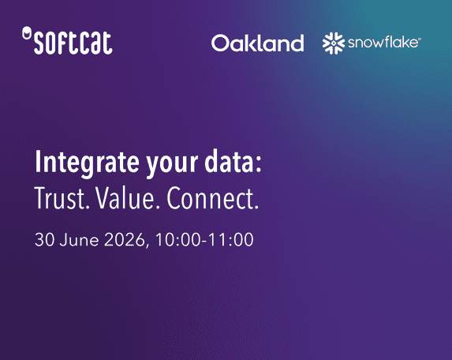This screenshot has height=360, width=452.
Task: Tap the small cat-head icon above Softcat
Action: pyautogui.click(x=27, y=32)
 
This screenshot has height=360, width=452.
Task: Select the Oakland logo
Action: pyautogui.click(x=258, y=43)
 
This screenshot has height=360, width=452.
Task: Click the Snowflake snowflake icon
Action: pyautogui.click(x=334, y=43)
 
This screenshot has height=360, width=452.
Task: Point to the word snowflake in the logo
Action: pyautogui.click(x=384, y=43)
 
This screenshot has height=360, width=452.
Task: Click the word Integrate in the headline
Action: pyautogui.click(x=87, y=163)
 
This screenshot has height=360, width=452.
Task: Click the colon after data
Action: pyautogui.click(x=258, y=165)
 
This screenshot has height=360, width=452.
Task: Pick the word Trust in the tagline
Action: pyautogui.click(x=60, y=198)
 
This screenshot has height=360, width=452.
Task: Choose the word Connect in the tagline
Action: pyautogui.click(x=211, y=198)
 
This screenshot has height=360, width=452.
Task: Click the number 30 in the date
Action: pyautogui.click(x=44, y=239)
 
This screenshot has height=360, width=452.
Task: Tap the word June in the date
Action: pyautogui.click(x=79, y=239)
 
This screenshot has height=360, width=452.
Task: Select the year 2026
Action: pyautogui.click(x=125, y=239)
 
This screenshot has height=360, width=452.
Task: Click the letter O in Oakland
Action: pyautogui.click(x=220, y=43)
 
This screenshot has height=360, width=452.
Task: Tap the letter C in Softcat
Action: pyautogui.click(x=78, y=43)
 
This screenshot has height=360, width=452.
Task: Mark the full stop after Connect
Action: pyautogui.click(x=256, y=207)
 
